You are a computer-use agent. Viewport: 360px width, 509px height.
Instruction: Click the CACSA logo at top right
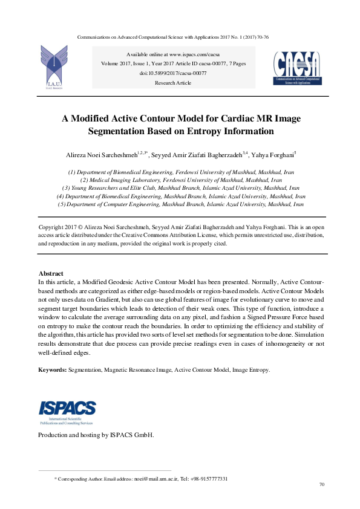(297, 67)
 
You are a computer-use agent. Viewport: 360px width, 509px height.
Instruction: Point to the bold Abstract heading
(51, 274)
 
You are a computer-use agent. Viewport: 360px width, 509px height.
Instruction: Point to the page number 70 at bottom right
(321, 485)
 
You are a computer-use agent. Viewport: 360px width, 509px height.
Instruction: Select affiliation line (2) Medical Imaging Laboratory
(181, 180)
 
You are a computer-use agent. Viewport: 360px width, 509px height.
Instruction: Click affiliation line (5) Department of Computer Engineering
(180, 205)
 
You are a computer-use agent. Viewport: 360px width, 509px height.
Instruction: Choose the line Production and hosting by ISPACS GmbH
(96, 435)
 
